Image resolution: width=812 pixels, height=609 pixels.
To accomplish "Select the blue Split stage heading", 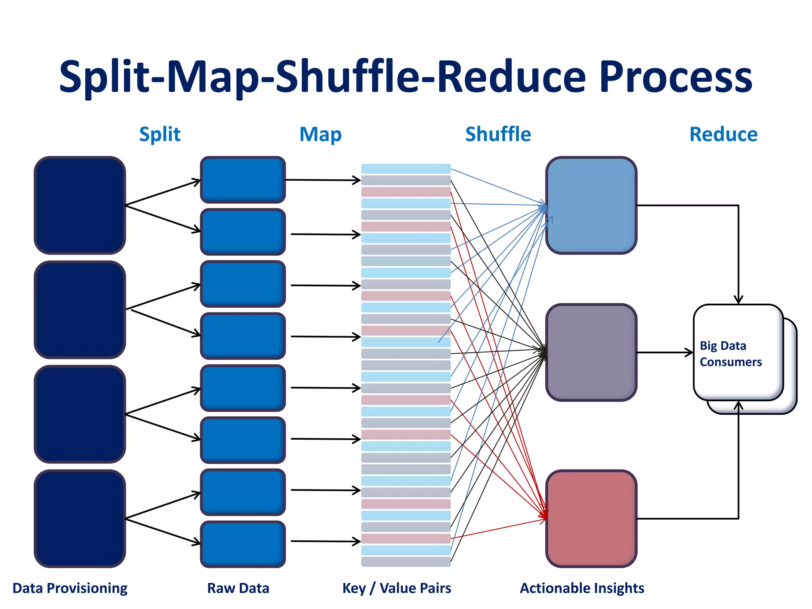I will click(160, 134).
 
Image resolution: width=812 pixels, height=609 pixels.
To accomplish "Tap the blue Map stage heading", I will click(320, 134).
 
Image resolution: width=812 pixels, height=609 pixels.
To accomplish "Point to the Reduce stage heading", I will click(723, 134).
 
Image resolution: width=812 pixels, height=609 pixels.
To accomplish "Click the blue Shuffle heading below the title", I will click(498, 134).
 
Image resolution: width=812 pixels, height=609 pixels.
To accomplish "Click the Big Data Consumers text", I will click(730, 354).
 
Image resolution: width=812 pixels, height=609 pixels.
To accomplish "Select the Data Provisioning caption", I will click(70, 588).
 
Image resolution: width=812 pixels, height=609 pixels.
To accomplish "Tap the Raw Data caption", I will click(238, 588).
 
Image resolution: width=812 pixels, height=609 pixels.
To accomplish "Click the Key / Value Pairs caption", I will click(396, 588).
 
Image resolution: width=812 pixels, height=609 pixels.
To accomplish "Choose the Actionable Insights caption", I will click(582, 588).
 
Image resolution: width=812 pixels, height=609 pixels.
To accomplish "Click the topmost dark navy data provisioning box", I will click(80, 205).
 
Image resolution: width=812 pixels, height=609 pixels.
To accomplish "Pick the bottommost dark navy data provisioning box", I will click(80, 518).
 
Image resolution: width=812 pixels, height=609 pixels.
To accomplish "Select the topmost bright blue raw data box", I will click(243, 180).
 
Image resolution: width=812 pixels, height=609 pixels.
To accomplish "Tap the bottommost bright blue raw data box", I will click(243, 544).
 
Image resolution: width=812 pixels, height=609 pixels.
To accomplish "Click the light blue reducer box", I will click(591, 205).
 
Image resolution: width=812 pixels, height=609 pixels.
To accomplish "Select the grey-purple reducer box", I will click(591, 352).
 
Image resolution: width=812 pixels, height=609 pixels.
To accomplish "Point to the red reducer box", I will click(591, 518).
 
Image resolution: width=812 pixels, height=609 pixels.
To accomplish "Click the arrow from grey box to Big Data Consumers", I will click(665, 352).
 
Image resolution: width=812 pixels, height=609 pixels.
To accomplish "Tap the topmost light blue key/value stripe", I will click(406, 169).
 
